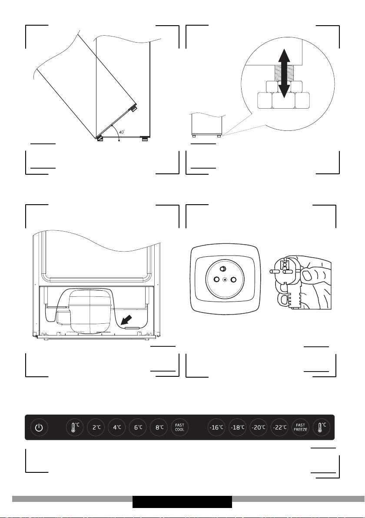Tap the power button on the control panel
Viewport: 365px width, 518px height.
click(39, 428)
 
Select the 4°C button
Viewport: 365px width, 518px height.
click(117, 428)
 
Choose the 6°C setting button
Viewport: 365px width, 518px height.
click(138, 428)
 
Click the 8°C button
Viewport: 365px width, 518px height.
click(159, 428)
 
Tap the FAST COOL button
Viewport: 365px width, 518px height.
click(180, 428)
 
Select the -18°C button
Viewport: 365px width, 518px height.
click(238, 428)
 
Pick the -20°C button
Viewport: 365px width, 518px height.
click(259, 428)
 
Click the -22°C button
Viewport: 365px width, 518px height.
click(279, 428)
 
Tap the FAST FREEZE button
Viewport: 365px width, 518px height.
click(301, 428)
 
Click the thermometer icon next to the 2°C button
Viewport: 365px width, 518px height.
click(75, 428)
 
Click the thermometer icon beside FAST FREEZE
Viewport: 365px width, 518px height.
click(322, 428)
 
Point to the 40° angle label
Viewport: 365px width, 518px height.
click(122, 132)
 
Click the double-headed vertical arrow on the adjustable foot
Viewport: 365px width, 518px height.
click(284, 73)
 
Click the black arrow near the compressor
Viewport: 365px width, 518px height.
click(126, 320)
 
